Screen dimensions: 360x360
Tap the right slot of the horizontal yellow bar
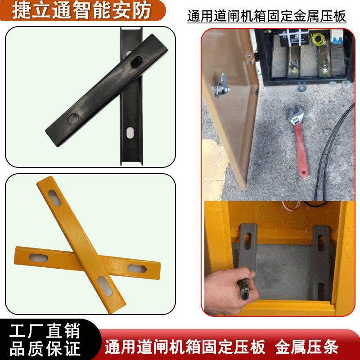pyautogui.click(x=134, y=268)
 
